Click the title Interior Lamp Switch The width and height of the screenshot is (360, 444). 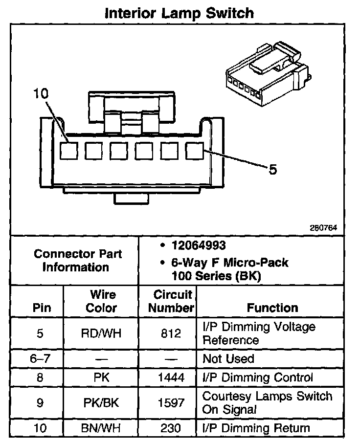[x=180, y=13]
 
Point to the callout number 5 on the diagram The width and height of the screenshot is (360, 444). [x=272, y=170]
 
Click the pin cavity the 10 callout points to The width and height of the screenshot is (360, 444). [x=68, y=151]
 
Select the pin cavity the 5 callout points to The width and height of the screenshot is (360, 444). [x=195, y=151]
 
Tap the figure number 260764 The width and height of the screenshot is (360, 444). [x=323, y=227]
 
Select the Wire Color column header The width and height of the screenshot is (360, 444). [x=101, y=301]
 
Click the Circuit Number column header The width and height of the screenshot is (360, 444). [x=171, y=301]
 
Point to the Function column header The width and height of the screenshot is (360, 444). [x=272, y=308]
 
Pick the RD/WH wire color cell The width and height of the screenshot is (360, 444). [x=101, y=333]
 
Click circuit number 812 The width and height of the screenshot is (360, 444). [x=171, y=333]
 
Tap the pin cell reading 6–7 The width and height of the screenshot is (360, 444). [x=40, y=359]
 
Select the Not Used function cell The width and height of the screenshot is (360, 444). [x=228, y=359]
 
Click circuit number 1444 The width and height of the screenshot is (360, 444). [x=171, y=377]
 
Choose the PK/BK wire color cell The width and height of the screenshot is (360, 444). [x=101, y=403]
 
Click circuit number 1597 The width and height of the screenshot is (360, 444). [x=171, y=403]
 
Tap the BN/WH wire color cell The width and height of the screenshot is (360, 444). [x=101, y=428]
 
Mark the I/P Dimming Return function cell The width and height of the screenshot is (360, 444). [x=256, y=428]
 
